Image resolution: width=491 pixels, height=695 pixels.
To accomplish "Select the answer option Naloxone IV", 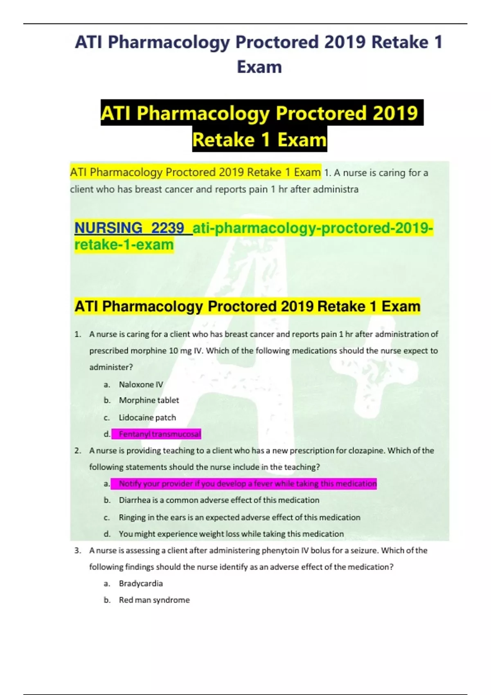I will tap(141, 384).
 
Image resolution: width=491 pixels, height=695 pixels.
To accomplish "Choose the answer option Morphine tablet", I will tap(149, 400).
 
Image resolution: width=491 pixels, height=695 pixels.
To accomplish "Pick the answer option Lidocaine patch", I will tap(147, 417).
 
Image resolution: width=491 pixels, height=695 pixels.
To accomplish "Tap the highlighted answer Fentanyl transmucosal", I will tap(160, 434).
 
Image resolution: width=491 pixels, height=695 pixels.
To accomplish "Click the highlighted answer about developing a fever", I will tap(248, 484).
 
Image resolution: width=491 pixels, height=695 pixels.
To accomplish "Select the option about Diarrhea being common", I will tap(219, 500).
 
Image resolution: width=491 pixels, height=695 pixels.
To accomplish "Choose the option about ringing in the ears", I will tap(239, 517).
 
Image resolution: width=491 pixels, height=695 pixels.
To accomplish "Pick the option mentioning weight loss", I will tap(231, 534).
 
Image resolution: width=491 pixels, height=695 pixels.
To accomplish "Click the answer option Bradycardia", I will tap(141, 583).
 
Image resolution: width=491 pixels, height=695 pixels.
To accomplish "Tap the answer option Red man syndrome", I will tap(154, 600).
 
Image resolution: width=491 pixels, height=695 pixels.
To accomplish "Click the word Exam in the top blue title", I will tap(259, 67).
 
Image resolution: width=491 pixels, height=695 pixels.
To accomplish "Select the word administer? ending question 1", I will tap(111, 367).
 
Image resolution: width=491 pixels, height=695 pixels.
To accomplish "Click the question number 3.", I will tap(78, 550).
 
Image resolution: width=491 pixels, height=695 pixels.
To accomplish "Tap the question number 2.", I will tap(78, 451).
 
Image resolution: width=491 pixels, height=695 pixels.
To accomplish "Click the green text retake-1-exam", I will tap(124, 244).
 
